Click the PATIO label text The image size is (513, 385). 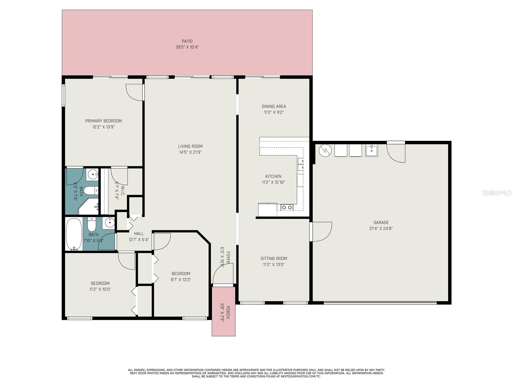(187, 41)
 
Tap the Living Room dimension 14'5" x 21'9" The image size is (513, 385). (190, 152)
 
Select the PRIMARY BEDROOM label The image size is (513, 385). (104, 121)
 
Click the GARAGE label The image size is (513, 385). (381, 223)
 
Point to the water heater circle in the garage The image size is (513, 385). (325, 150)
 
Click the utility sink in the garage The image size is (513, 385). (371, 150)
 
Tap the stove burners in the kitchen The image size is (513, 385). (287, 207)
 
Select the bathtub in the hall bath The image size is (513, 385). (74, 234)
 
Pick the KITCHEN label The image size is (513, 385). (273, 176)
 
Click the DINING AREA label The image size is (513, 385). (274, 107)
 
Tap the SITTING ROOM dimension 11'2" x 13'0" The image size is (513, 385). (274, 264)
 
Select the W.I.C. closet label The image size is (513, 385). (123, 191)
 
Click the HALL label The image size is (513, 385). (139, 234)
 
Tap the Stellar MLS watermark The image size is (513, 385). (497, 193)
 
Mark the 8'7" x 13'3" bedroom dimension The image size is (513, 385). (181, 279)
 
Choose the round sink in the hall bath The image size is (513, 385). (110, 222)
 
